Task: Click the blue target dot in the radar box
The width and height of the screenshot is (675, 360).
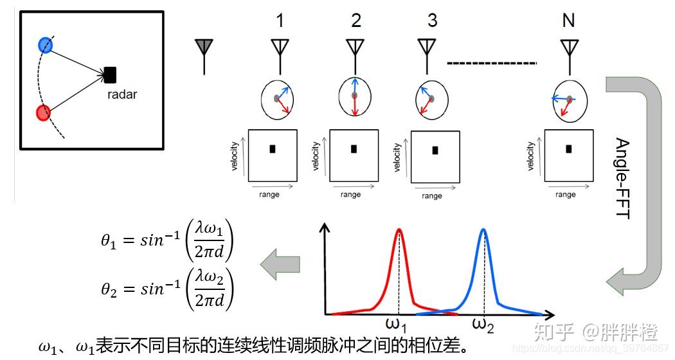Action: coord(45,45)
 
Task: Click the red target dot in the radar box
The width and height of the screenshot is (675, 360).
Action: coord(43,114)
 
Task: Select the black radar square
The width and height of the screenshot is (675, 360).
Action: coord(110,75)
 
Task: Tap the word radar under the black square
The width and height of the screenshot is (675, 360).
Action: coord(122,94)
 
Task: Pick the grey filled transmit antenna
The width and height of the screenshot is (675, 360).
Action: coord(204,47)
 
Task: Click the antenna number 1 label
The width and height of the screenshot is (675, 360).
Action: coord(279,21)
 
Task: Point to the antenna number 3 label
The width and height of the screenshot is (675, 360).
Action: coord(432,21)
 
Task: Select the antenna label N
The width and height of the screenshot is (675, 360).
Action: coord(568,21)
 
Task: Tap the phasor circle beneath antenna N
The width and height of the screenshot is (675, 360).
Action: coord(568,102)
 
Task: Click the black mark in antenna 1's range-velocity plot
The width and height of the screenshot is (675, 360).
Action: coord(273,149)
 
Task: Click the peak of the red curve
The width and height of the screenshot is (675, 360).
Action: coord(400,230)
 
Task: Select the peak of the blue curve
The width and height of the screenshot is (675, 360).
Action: coord(483,230)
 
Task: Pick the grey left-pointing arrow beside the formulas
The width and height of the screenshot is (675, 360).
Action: coord(280,265)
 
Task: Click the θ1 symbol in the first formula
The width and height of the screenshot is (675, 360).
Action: coord(108,242)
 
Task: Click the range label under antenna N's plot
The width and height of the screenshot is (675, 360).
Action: coord(566,195)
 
